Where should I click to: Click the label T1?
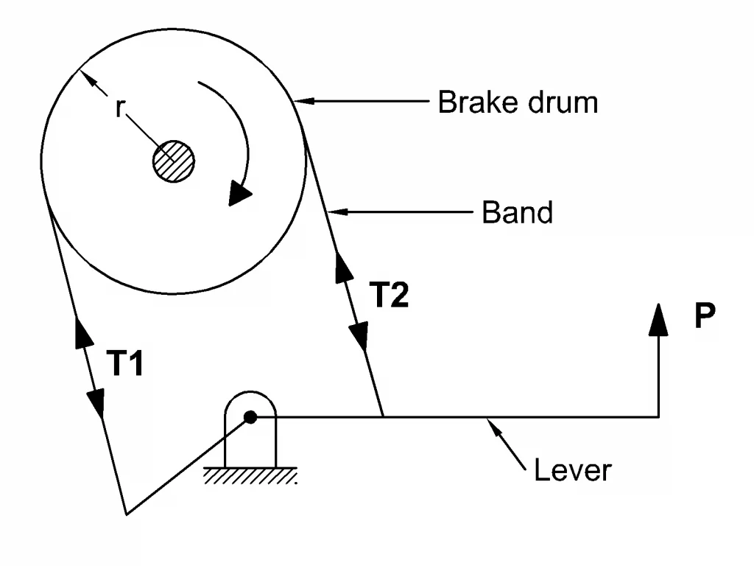tap(124, 363)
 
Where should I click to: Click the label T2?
tap(389, 294)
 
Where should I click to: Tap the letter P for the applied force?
tap(705, 315)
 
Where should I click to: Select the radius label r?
tap(120, 108)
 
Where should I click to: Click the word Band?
tap(517, 212)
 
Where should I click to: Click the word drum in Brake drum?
tap(563, 102)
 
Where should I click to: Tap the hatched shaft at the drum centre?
tap(174, 161)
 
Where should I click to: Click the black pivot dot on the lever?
tap(250, 417)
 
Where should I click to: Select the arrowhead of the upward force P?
tap(658, 319)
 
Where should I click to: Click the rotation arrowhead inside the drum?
tap(239, 193)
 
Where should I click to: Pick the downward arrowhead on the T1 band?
tap(96, 403)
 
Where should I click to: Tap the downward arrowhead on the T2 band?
tap(359, 336)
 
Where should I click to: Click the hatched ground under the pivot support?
tap(250, 476)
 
